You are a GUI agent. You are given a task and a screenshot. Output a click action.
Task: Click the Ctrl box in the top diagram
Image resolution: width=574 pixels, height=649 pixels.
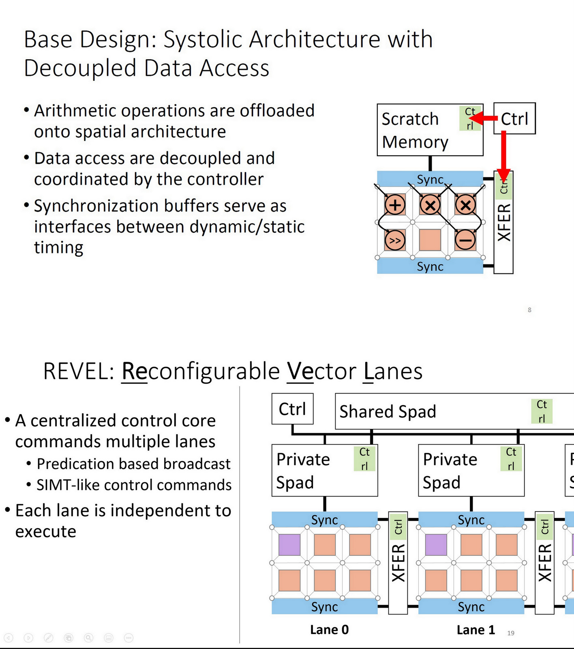click(x=514, y=118)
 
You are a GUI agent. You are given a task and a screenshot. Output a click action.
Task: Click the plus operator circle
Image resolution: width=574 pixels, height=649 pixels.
click(x=395, y=205)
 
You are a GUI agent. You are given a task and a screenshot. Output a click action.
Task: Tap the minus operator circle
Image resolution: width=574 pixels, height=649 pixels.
click(x=465, y=241)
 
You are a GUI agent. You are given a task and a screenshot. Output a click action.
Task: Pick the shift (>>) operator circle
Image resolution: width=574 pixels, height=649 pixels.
click(x=395, y=241)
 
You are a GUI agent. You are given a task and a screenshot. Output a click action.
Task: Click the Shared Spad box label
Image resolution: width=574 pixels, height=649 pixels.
click(x=388, y=411)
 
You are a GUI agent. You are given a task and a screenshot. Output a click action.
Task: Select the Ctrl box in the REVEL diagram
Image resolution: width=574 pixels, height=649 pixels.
click(x=292, y=409)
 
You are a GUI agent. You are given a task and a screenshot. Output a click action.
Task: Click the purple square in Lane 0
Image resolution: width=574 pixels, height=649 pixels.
click(x=289, y=545)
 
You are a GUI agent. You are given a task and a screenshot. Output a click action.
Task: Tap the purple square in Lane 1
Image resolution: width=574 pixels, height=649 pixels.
click(x=436, y=545)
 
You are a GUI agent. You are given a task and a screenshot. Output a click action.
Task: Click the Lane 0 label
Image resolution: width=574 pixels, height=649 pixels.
click(x=329, y=630)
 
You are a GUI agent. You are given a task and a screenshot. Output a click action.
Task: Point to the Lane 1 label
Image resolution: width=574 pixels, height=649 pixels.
click(x=475, y=630)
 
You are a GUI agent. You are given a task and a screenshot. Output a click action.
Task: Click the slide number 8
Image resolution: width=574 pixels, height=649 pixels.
click(x=529, y=310)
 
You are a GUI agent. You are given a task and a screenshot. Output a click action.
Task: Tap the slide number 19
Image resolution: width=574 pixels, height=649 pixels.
click(x=511, y=633)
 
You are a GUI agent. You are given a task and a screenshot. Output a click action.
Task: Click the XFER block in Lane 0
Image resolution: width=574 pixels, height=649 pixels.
click(x=398, y=563)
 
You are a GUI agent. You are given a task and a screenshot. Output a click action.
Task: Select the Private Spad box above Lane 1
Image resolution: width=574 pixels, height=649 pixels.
click(x=471, y=471)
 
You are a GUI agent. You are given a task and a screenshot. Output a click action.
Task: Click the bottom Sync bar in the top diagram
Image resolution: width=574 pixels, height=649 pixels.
click(x=430, y=266)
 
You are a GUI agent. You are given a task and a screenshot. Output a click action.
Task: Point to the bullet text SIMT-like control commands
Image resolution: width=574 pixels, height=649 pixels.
click(x=134, y=485)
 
